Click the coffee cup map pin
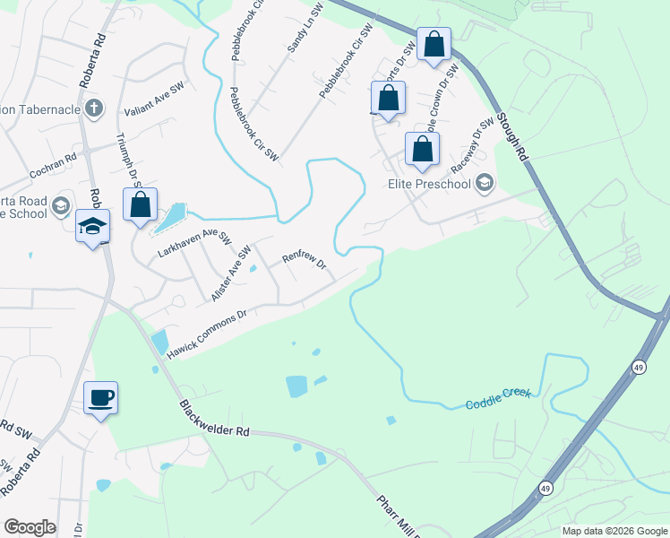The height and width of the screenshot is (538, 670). pos(101,397)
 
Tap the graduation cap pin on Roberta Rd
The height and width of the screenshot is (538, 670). pos(91,227)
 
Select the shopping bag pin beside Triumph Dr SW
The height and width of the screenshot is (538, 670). pos(141,205)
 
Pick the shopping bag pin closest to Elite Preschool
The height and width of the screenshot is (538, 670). pos(422,151)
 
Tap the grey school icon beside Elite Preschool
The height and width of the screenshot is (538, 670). pos(485,184)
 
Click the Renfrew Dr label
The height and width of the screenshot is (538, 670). pos(304,260)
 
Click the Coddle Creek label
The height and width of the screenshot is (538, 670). pos(498,399)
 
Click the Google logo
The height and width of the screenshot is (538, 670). pos(30,527)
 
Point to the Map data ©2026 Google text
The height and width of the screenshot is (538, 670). pos(614,531)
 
